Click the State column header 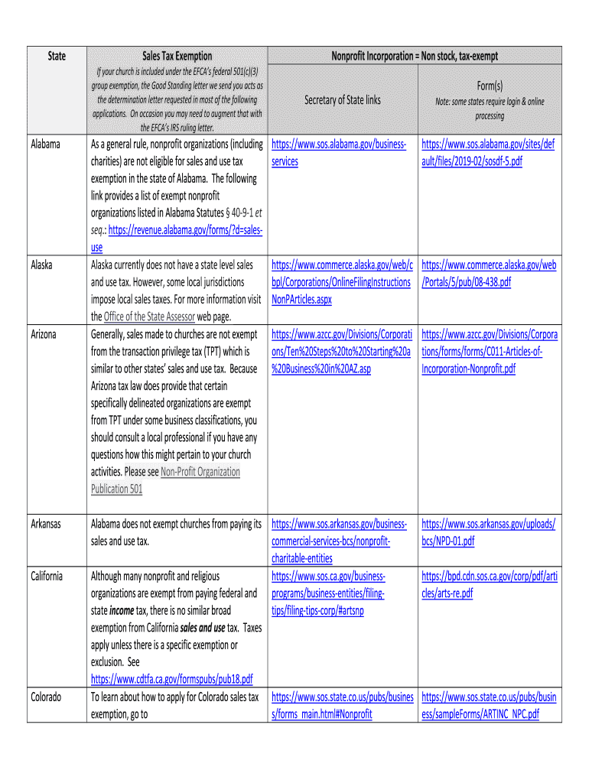(x=57, y=56)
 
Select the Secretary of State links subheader (x=342, y=99)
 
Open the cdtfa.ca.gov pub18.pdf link (x=171, y=679)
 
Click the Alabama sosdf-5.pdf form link (x=488, y=153)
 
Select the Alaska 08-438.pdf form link (x=488, y=274)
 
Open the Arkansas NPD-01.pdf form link (x=488, y=533)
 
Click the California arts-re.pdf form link (x=488, y=585)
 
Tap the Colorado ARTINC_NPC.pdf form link (x=488, y=706)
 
